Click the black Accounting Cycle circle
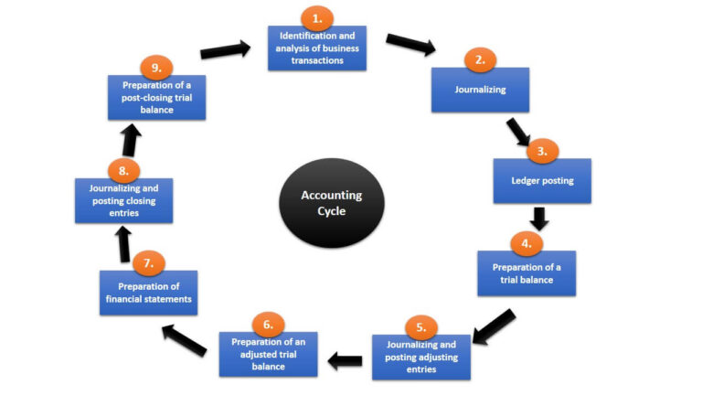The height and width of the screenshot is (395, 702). [x=332, y=203]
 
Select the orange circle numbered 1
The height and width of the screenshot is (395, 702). [x=317, y=19]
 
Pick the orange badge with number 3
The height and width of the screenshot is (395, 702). [x=542, y=152]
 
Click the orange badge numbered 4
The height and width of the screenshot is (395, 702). [x=526, y=244]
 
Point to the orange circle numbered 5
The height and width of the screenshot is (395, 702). [x=420, y=326]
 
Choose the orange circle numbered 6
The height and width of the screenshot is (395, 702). [x=268, y=325]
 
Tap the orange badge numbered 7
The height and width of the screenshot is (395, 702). [x=148, y=263]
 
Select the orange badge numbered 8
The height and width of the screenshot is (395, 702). [x=123, y=171]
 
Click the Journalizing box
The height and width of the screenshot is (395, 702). [x=480, y=91]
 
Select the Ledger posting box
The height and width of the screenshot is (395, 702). [x=542, y=181]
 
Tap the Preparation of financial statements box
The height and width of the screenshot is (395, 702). [x=148, y=293]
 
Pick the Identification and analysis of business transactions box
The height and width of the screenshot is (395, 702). [x=317, y=48]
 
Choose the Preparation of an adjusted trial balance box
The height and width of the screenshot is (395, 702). [x=268, y=355]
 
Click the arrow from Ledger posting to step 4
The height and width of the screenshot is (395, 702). [x=539, y=219]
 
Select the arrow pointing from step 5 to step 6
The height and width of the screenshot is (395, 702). [x=346, y=361]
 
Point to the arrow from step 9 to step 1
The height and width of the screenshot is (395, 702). [x=226, y=49]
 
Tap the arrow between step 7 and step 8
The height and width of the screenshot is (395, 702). [x=123, y=243]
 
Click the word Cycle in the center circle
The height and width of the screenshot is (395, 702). [x=332, y=212]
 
